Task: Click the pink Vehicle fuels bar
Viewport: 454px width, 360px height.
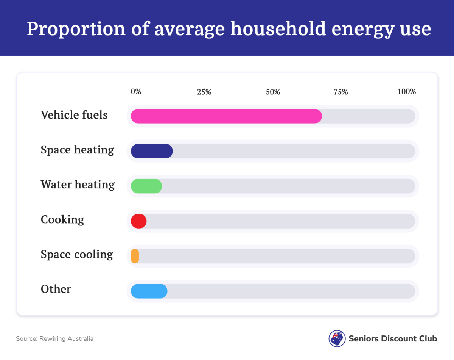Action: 226,116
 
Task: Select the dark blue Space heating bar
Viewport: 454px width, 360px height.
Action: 152,151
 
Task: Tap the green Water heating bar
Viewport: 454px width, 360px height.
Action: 146,186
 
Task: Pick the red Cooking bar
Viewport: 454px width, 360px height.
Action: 138,221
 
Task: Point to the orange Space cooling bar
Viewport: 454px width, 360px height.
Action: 135,256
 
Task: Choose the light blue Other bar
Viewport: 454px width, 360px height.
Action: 149,291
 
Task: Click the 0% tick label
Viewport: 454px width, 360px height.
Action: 136,92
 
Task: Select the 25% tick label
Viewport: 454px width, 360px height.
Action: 204,92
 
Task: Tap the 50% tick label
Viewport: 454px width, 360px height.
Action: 273,92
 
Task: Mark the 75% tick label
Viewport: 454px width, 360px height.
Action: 340,92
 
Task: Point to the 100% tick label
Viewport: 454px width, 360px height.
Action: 407,92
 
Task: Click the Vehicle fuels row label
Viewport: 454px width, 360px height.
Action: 74,115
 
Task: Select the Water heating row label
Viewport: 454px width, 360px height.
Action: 78,185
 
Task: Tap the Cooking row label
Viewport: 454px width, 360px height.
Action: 62,219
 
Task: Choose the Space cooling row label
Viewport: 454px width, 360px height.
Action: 77,254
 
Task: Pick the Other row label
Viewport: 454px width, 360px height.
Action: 56,289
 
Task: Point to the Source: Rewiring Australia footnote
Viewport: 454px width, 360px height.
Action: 54,338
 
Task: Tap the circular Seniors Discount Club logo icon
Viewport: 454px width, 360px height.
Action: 337,338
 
